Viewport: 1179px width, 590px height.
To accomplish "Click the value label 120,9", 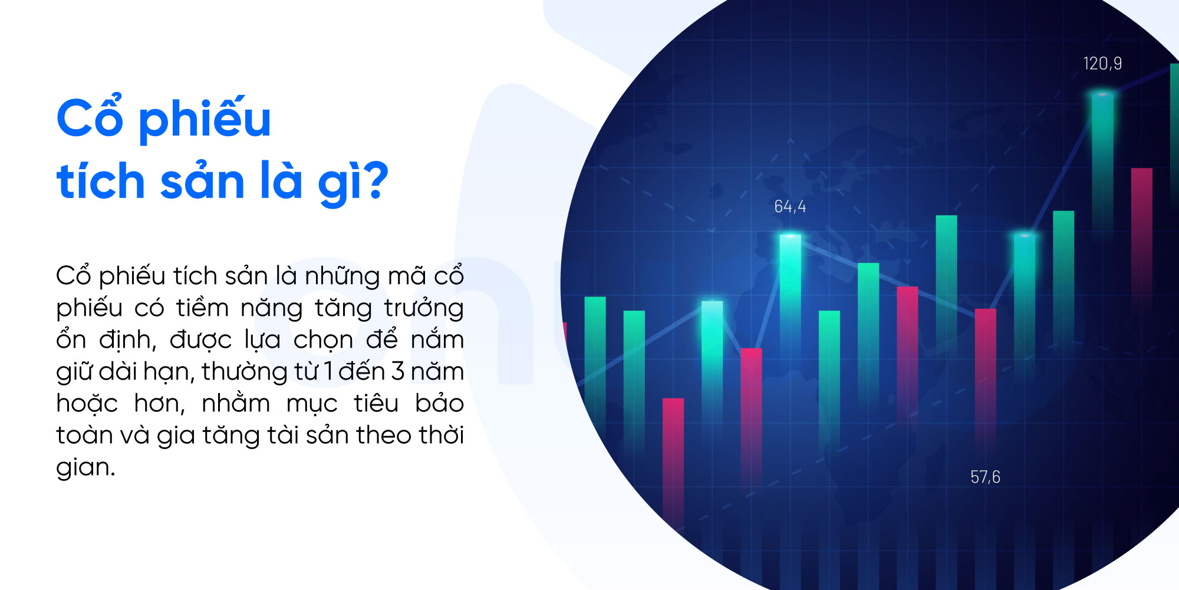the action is (1102, 64).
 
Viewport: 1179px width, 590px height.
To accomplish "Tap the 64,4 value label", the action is (790, 207).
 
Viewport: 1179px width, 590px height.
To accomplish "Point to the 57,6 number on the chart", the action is (985, 477).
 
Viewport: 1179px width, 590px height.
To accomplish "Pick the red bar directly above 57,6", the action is (985, 377).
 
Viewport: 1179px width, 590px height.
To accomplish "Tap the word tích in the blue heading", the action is (101, 180).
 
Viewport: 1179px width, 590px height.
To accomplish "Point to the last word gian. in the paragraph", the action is (85, 468).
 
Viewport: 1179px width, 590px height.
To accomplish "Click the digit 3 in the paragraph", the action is (398, 371).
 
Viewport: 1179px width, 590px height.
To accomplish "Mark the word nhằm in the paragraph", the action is (236, 403).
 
